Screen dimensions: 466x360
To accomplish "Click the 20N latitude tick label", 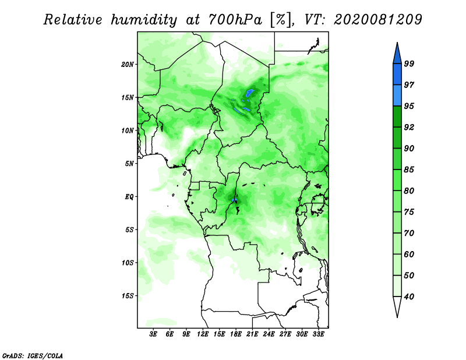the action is pos(128,65).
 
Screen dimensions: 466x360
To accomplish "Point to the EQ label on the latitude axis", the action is pos(129,197).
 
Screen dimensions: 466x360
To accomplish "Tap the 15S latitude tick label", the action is pos(128,296).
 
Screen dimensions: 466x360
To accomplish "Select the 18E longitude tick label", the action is pos(236,334).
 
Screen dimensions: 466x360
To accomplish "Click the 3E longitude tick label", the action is pos(153,334).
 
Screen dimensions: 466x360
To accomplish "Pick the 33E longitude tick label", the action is pos(318,334).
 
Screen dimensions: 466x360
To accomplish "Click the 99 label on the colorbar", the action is pos(409,63).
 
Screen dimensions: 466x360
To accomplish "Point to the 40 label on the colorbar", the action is pos(409,297).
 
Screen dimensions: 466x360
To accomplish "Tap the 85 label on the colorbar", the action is pos(409,170).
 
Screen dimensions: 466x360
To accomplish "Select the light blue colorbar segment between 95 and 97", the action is pos(397,96).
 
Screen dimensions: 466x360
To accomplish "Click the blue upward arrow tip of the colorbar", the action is pos(397,43).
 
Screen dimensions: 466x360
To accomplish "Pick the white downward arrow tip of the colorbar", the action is pos(397,317).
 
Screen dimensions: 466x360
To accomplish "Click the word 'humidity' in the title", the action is pos(144,20).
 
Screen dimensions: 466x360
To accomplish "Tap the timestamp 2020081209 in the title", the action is pos(377,20).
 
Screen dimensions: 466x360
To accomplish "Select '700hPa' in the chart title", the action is pos(235,20).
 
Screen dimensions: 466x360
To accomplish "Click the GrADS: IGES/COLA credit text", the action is pos(33,356).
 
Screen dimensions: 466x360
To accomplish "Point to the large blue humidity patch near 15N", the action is pos(250,93).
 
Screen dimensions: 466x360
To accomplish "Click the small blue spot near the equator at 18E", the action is pos(234,200).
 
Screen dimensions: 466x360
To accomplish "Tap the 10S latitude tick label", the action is pos(128,263).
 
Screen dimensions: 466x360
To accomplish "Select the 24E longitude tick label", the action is pos(269,334).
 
